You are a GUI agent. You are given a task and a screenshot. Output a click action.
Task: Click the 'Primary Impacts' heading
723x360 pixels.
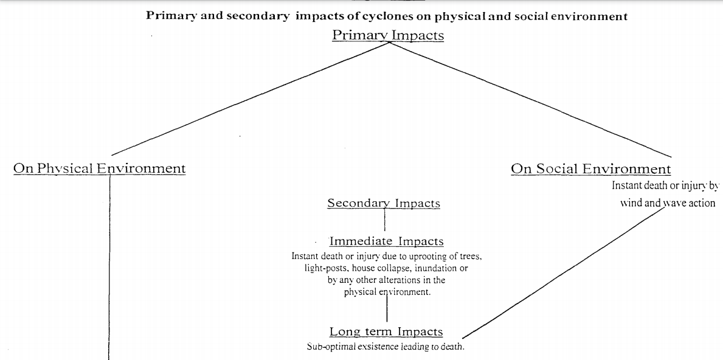(x=387, y=35)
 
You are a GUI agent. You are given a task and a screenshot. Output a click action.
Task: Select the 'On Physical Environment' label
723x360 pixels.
(x=99, y=168)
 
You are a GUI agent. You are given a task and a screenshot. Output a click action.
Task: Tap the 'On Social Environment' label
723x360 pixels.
(x=590, y=168)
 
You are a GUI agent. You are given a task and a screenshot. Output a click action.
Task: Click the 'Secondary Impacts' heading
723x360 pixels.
(x=383, y=203)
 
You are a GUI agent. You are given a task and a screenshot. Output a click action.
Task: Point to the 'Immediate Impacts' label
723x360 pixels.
(x=386, y=241)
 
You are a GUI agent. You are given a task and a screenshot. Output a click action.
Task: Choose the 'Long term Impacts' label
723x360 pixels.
(x=386, y=331)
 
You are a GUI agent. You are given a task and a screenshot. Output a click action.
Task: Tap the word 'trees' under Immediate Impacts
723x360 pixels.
(x=469, y=256)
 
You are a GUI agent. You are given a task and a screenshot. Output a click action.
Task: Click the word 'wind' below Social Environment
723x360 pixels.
(x=631, y=203)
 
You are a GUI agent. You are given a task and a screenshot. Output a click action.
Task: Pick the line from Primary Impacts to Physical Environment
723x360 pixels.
(x=243, y=101)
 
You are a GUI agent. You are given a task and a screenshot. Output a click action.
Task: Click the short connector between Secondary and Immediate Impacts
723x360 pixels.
(x=385, y=220)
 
